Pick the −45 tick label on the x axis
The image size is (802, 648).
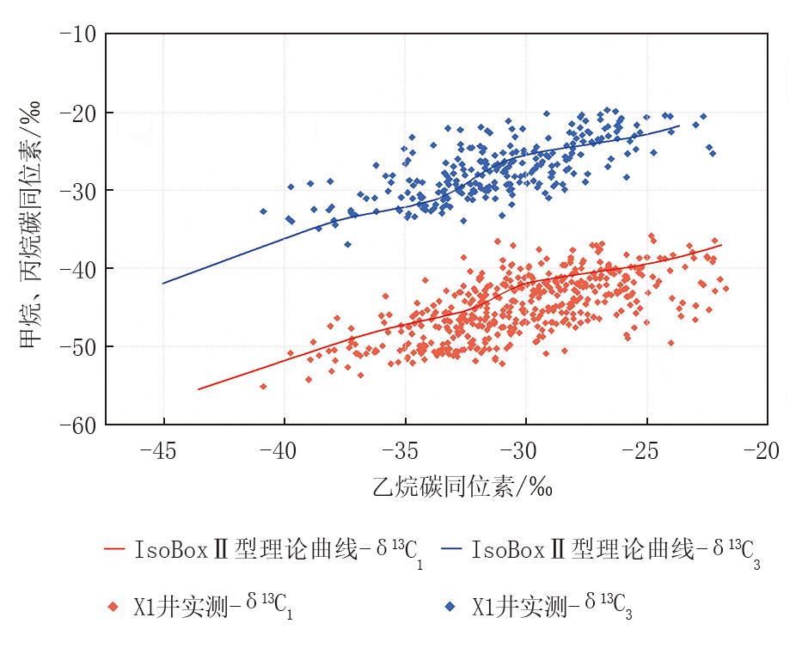[x=162, y=450]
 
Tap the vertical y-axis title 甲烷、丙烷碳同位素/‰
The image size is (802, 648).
[x=32, y=229]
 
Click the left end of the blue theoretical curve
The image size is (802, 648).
[x=162, y=283]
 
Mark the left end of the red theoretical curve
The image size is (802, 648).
[x=199, y=389]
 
